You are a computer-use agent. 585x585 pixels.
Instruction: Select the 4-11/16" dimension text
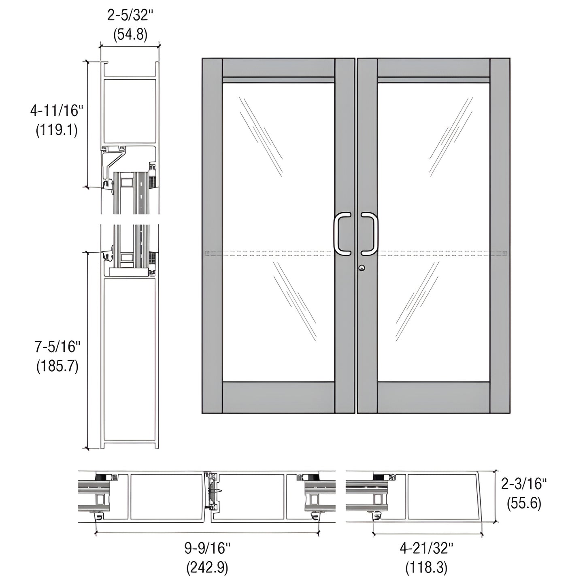click(x=57, y=110)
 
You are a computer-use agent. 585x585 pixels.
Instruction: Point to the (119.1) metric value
click(x=57, y=130)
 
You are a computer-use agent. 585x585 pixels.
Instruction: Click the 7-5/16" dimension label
click(x=57, y=347)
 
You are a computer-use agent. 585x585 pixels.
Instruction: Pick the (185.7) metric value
click(x=57, y=366)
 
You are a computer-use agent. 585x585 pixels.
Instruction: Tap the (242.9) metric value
click(x=207, y=568)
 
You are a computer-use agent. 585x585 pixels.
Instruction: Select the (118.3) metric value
click(x=427, y=568)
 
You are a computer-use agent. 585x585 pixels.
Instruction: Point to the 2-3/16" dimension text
click(x=524, y=483)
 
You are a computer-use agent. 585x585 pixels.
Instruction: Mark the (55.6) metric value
click(x=524, y=503)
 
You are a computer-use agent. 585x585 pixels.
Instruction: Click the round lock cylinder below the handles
click(x=361, y=268)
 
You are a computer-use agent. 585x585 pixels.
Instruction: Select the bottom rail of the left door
click(x=279, y=397)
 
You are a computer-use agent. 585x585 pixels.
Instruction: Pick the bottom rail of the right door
click(x=434, y=397)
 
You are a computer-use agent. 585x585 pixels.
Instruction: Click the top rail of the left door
click(x=279, y=68)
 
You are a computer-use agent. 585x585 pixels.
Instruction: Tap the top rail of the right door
click(x=434, y=68)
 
